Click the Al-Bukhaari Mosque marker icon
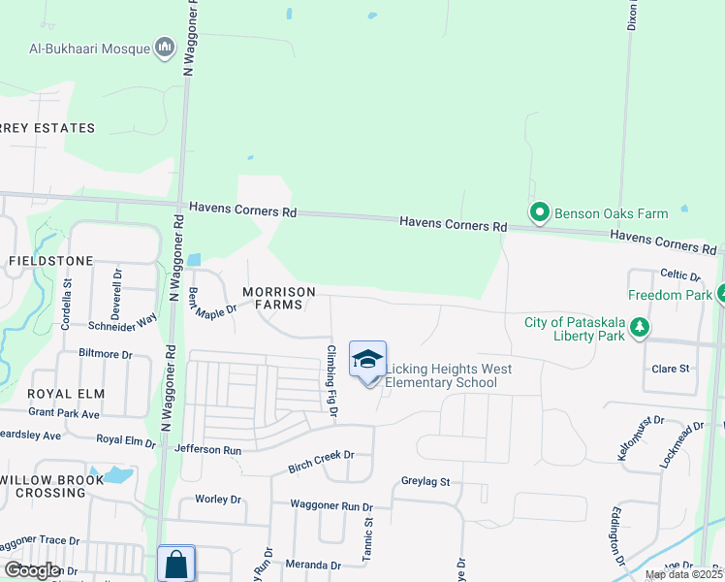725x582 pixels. click(x=165, y=48)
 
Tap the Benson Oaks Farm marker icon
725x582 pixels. click(x=539, y=211)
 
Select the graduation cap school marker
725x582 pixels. click(x=367, y=360)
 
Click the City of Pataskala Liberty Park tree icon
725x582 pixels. click(x=639, y=329)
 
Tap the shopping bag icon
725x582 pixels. click(x=176, y=564)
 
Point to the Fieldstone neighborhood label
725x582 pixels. click(x=50, y=261)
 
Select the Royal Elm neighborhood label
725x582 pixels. click(x=51, y=394)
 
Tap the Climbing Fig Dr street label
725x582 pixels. click(x=331, y=381)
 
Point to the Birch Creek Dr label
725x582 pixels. click(x=322, y=461)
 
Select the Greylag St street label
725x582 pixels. click(x=426, y=481)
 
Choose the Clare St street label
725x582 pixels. click(x=670, y=369)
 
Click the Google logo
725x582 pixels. click(x=31, y=570)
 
